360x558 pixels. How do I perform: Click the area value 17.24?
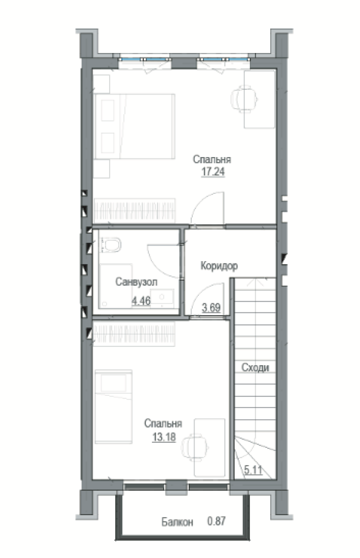(213, 171)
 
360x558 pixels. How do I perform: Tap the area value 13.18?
(164, 437)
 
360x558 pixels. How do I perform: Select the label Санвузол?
(136, 282)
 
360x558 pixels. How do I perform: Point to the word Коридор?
(219, 266)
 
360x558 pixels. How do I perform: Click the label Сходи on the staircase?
(255, 367)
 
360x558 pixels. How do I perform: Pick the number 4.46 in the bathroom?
(141, 301)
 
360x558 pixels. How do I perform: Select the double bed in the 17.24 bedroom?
(134, 126)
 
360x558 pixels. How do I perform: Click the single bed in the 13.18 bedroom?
(114, 406)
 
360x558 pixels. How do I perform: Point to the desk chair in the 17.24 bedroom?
(244, 99)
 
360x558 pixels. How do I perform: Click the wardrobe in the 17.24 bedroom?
(134, 210)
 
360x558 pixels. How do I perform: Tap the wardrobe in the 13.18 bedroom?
(134, 334)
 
